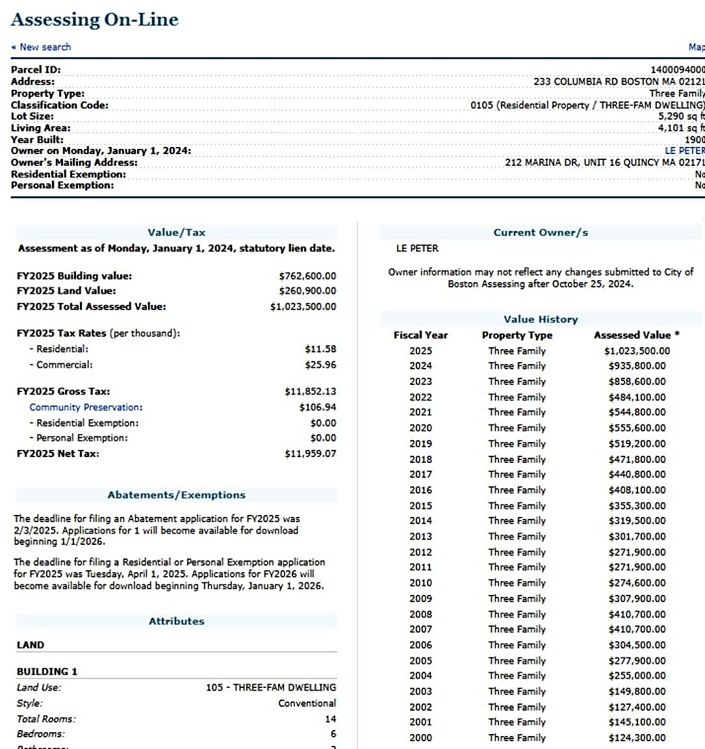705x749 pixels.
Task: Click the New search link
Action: click(44, 47)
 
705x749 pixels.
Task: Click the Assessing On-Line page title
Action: click(94, 20)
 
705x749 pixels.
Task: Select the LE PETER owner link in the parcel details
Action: click(684, 150)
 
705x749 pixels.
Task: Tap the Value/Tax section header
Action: click(176, 232)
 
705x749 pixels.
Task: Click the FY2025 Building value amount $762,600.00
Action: click(307, 276)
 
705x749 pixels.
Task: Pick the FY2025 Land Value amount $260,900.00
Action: click(307, 291)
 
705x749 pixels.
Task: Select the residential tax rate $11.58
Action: click(320, 349)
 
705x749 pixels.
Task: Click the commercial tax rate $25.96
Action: click(320, 365)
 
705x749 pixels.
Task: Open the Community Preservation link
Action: click(86, 407)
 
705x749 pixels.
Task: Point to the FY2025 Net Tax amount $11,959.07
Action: click(310, 453)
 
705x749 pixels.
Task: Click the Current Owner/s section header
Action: click(541, 232)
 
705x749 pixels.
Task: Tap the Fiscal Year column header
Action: click(420, 335)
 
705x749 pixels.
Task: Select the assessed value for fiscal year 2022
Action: click(637, 397)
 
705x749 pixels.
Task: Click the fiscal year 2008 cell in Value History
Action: click(420, 614)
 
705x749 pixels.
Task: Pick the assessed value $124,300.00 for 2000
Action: click(637, 737)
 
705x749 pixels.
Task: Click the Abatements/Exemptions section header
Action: click(176, 495)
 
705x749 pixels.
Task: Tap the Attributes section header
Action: click(176, 621)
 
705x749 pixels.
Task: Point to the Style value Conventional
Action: click(307, 703)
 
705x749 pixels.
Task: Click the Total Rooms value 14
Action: click(331, 718)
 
